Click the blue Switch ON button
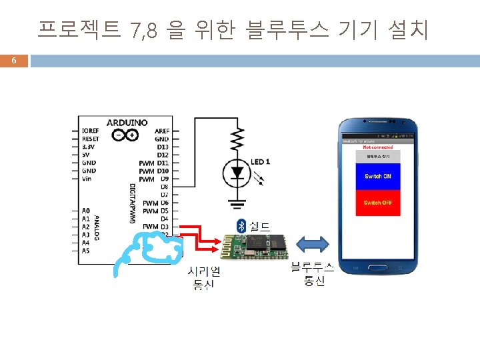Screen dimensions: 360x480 point(377,177)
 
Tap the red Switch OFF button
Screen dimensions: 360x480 point(377,202)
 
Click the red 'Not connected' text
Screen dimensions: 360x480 point(377,147)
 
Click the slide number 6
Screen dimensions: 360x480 point(13,62)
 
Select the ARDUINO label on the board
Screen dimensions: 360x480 point(127,123)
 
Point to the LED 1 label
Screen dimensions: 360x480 point(261,162)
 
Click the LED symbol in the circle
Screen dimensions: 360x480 point(237,173)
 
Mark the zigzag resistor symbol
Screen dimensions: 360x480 point(237,140)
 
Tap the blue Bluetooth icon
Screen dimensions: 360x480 point(241,225)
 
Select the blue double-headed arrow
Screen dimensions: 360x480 point(313,245)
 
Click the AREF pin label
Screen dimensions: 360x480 point(162,131)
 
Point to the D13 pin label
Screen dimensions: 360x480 point(163,147)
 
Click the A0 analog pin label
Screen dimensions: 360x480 point(86,211)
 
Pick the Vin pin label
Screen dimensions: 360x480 point(87,179)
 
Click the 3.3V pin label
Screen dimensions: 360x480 point(88,147)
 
